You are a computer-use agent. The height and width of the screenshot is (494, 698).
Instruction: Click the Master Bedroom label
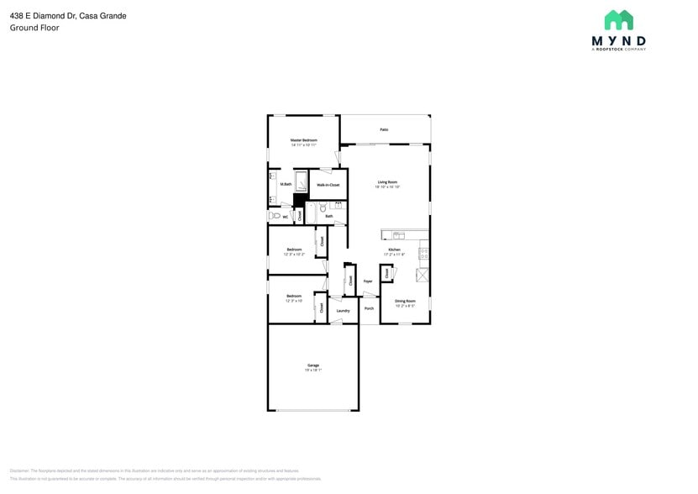pos(303,139)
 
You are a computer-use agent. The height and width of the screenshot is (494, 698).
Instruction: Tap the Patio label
pos(384,129)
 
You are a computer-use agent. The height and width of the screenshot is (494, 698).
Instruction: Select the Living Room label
pos(386,181)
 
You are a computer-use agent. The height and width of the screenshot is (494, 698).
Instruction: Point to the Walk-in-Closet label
pos(328,184)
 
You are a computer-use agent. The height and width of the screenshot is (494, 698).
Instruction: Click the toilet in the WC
pos(276,216)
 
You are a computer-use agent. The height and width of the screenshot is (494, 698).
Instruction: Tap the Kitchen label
pos(393,250)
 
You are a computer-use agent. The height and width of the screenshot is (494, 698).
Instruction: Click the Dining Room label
pos(405,301)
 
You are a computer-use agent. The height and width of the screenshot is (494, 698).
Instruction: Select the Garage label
pos(312,365)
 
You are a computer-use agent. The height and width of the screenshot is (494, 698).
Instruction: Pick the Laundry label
pos(343,311)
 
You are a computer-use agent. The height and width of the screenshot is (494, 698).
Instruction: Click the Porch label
pos(369,308)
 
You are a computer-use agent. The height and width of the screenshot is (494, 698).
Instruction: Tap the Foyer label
pos(367,281)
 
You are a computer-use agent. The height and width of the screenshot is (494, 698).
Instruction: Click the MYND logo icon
pos(619,20)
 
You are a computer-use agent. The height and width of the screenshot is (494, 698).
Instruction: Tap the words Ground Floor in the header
pos(34,28)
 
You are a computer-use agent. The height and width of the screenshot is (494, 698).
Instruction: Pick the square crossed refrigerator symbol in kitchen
pos(422,275)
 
